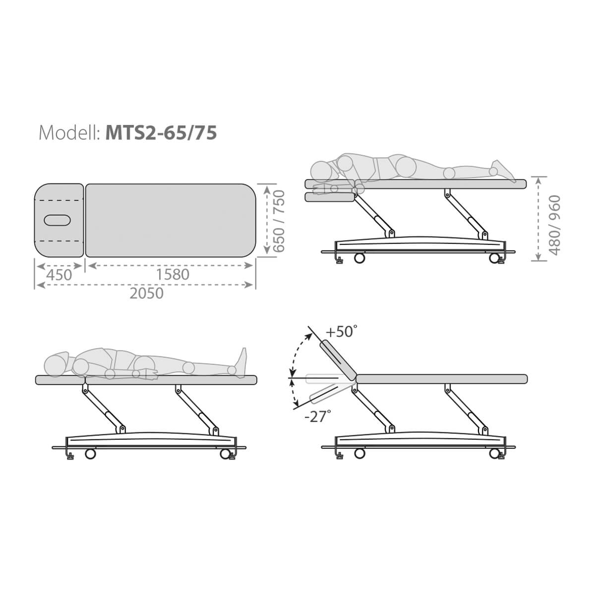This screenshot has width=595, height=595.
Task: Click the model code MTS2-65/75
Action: [x=161, y=133]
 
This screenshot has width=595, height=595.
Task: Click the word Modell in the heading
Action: [x=68, y=133]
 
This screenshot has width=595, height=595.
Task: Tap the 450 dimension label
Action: [x=59, y=275]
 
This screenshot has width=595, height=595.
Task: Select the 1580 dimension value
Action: [x=173, y=275]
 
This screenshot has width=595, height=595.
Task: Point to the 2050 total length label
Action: [x=146, y=294]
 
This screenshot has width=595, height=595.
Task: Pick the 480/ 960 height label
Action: [x=554, y=225]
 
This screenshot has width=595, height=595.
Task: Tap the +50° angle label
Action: [x=342, y=332]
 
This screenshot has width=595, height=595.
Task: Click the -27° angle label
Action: [x=318, y=416]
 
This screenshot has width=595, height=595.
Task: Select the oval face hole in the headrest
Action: [x=58, y=220]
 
